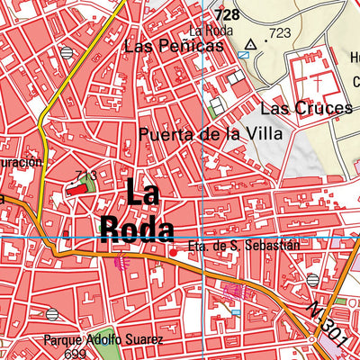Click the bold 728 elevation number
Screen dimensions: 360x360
(x=227, y=15)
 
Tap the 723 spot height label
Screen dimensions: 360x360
(x=279, y=33)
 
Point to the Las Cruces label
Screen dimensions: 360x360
(x=306, y=109)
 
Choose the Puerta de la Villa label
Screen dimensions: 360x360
(x=211, y=134)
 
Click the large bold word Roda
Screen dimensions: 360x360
(x=138, y=228)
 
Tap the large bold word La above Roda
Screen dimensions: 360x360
(x=149, y=192)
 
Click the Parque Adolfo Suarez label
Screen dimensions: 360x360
(x=103, y=341)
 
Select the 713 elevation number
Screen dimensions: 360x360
(x=86, y=175)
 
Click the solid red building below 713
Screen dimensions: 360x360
(x=74, y=190)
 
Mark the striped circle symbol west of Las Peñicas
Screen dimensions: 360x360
(x=67, y=53)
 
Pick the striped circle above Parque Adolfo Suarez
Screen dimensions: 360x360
(x=52, y=314)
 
